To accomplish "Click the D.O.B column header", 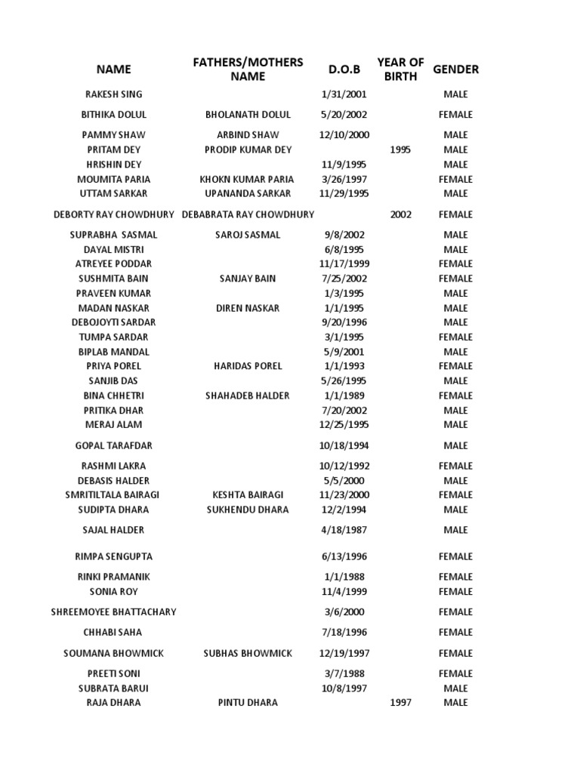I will click(x=344, y=69).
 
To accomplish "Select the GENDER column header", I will click(x=455, y=69).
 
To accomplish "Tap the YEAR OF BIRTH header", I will click(x=400, y=69).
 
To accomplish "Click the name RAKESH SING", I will click(x=113, y=94).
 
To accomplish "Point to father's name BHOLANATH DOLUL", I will click(x=248, y=115).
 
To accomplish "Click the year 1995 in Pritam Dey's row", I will click(x=400, y=149).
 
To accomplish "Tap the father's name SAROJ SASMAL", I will click(x=248, y=235).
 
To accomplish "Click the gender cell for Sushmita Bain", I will click(x=455, y=279).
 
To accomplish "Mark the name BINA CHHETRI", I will click(x=113, y=396).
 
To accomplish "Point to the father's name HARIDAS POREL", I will click(x=248, y=366).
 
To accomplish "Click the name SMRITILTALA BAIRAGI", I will click(x=113, y=495).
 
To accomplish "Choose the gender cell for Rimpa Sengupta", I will click(x=455, y=556).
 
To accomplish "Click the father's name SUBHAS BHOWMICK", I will click(x=248, y=653).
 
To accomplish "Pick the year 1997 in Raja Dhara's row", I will click(x=400, y=703).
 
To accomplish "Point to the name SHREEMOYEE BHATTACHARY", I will click(x=113, y=612).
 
